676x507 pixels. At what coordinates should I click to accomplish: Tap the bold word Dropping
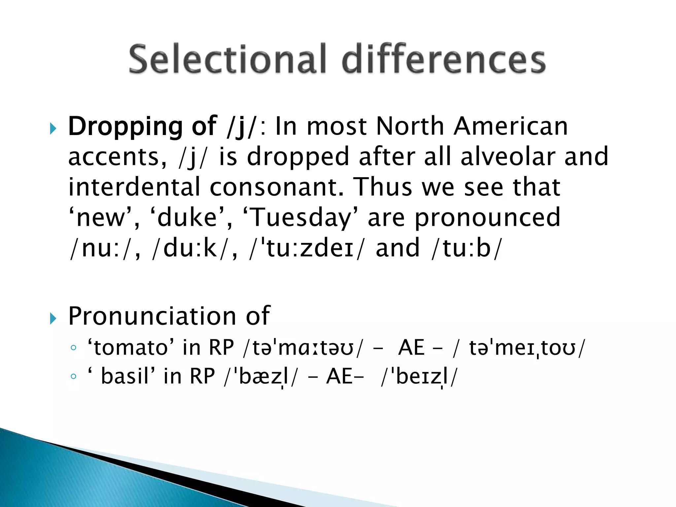(125, 127)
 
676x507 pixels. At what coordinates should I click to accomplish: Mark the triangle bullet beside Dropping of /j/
(53, 129)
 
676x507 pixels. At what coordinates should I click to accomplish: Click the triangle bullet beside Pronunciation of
(53, 319)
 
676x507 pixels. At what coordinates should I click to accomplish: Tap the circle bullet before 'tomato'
(73, 348)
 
